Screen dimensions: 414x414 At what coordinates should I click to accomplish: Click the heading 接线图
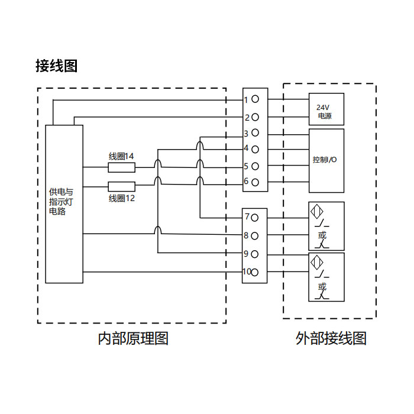pos(56,66)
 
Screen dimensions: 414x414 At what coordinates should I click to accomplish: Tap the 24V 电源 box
pos(326,109)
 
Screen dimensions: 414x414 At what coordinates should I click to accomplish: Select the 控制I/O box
pos(326,160)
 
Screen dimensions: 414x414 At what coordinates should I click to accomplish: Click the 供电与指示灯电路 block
pos(64,203)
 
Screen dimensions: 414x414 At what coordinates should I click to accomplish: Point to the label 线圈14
pos(121,156)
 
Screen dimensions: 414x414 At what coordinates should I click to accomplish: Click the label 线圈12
pos(121,199)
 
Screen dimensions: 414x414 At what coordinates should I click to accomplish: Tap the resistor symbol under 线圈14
pos(121,167)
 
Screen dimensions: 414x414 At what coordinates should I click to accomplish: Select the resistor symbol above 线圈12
pos(121,186)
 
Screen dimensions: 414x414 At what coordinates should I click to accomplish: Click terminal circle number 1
pos(255,100)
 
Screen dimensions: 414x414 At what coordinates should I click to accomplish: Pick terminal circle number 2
pos(255,117)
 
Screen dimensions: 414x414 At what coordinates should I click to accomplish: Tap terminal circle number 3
pos(255,134)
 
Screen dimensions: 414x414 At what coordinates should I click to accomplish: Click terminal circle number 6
pos(255,182)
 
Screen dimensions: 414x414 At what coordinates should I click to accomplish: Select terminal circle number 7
pos(255,217)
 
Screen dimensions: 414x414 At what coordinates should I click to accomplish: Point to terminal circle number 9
pos(255,254)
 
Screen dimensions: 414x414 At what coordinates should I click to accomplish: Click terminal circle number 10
pos(255,272)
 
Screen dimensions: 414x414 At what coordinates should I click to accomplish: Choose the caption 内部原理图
pos(133,339)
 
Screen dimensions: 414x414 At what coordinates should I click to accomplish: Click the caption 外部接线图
pos(331,339)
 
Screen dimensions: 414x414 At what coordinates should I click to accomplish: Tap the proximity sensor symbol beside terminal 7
pos(316,212)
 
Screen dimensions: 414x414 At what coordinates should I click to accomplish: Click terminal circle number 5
pos(255,167)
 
